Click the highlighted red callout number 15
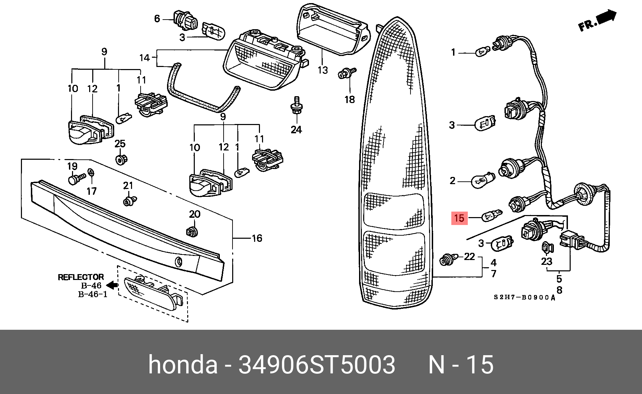pyautogui.click(x=459, y=218)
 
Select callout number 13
pyautogui.click(x=323, y=70)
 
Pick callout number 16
pyautogui.click(x=257, y=238)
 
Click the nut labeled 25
pyautogui.click(x=120, y=159)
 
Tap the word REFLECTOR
pyautogui.click(x=81, y=277)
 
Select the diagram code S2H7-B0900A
pyautogui.click(x=524, y=297)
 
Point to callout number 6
pyautogui.click(x=157, y=19)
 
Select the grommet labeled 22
pyautogui.click(x=448, y=260)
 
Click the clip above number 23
pyautogui.click(x=546, y=248)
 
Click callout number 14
pyautogui.click(x=145, y=58)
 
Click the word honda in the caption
pyautogui.click(x=183, y=364)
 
